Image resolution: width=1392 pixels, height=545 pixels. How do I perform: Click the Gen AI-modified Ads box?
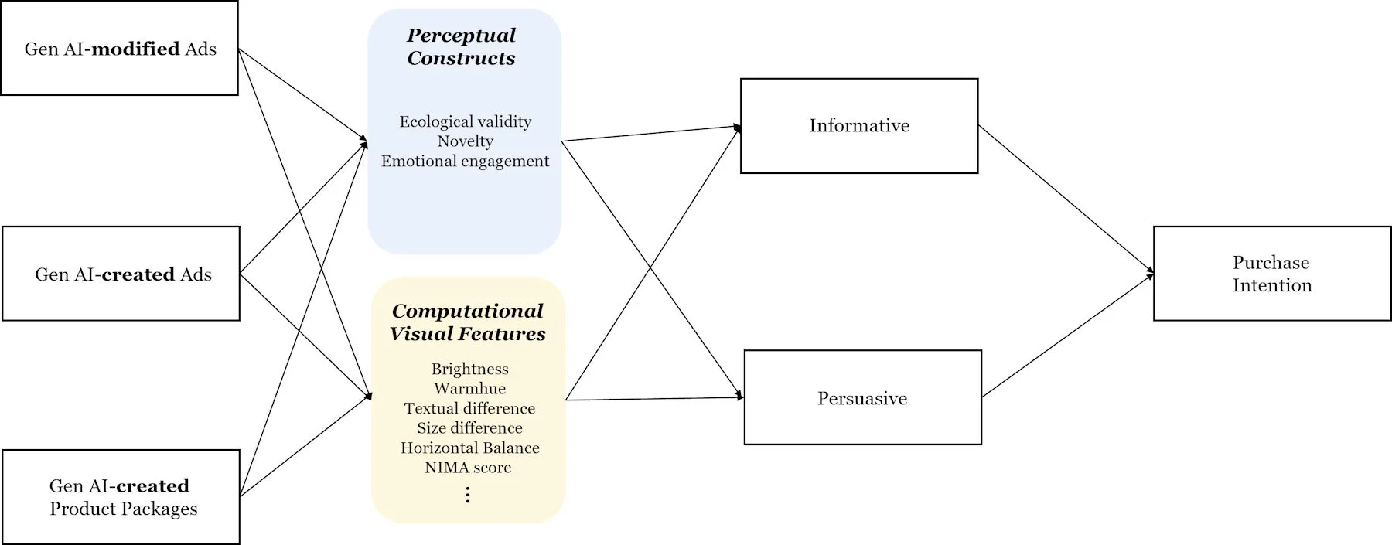coord(119,49)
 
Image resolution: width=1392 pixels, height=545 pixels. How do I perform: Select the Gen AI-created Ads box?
coord(121,274)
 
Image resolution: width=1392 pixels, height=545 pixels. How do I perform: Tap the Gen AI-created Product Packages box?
coord(121,497)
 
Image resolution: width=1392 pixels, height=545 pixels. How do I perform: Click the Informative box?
coord(859,126)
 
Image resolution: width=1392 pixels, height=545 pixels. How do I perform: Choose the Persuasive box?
coord(862,398)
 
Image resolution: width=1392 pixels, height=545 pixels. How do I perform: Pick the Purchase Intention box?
coord(1272,274)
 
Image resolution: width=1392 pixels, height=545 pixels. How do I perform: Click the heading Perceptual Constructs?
coord(462,46)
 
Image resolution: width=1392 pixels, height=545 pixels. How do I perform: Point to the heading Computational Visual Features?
coord(468,322)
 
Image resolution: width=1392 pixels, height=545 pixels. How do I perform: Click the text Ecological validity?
coord(466,121)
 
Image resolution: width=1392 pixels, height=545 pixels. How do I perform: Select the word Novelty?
coord(465,141)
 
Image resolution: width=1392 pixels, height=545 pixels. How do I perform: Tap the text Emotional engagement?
coord(465,161)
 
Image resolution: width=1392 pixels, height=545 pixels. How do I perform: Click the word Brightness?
coord(470,369)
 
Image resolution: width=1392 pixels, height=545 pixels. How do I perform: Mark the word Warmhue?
coord(470,389)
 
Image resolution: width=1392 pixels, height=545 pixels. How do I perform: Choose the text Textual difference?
coord(469,408)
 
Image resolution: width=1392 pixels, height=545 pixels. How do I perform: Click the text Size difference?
coord(469,428)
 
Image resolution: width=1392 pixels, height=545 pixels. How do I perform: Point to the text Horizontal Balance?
coord(469,448)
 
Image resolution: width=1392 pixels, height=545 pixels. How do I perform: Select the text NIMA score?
coord(468,468)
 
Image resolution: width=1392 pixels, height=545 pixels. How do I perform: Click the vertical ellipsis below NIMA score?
coord(468,495)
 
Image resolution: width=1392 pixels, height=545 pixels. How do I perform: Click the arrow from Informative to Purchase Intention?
coord(1066,199)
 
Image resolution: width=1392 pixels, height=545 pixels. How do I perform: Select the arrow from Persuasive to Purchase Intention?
coord(1067,336)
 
